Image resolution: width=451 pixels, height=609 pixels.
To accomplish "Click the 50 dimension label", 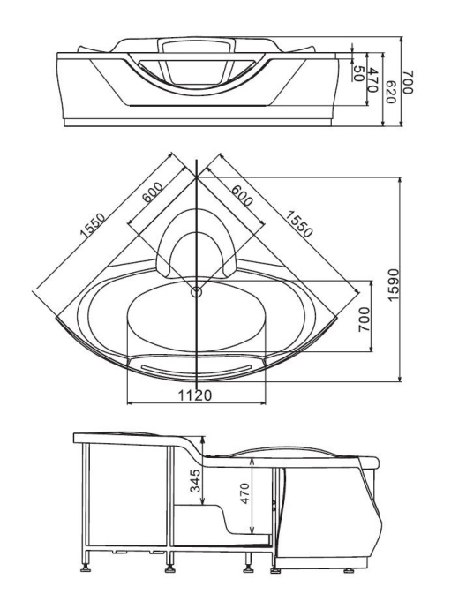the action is click(357, 72).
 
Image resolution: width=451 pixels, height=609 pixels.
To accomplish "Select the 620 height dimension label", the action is click(390, 92).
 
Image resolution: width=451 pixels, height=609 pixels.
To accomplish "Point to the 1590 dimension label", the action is click(393, 285).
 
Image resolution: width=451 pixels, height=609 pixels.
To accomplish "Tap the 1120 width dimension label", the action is click(195, 395).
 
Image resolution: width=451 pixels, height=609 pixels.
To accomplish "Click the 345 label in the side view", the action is click(195, 480).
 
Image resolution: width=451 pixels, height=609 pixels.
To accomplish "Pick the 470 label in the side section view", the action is click(244, 492).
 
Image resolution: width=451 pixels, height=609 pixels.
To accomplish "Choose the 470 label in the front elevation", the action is click(372, 79).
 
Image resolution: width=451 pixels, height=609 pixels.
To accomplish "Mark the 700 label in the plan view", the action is click(364, 320).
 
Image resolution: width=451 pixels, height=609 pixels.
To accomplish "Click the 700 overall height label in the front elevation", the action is click(408, 82).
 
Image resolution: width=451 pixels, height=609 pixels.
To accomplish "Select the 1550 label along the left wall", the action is click(93, 224).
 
